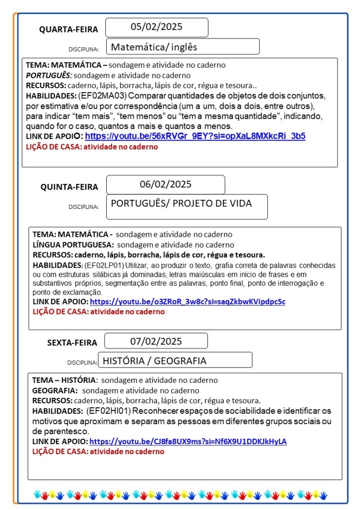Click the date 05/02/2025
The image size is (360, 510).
pyautogui.click(x=157, y=27)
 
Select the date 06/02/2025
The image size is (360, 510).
pyautogui.click(x=166, y=184)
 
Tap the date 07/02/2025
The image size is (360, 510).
pyautogui.click(x=156, y=341)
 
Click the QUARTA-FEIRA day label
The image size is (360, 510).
pyautogui.click(x=69, y=29)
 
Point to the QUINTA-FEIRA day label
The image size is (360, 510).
pyautogui.click(x=69, y=187)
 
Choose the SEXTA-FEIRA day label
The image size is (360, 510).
pyautogui.click(x=72, y=342)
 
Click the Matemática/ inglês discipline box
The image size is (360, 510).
pyautogui.click(x=182, y=47)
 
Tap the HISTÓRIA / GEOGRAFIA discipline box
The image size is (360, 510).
pyautogui.click(x=175, y=360)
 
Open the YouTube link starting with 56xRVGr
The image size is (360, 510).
pyautogui.click(x=195, y=136)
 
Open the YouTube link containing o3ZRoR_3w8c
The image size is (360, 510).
pyautogui.click(x=187, y=302)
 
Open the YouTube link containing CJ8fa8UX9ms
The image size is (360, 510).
pyautogui.click(x=188, y=442)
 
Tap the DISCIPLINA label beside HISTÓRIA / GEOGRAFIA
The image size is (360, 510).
pyautogui.click(x=82, y=362)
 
